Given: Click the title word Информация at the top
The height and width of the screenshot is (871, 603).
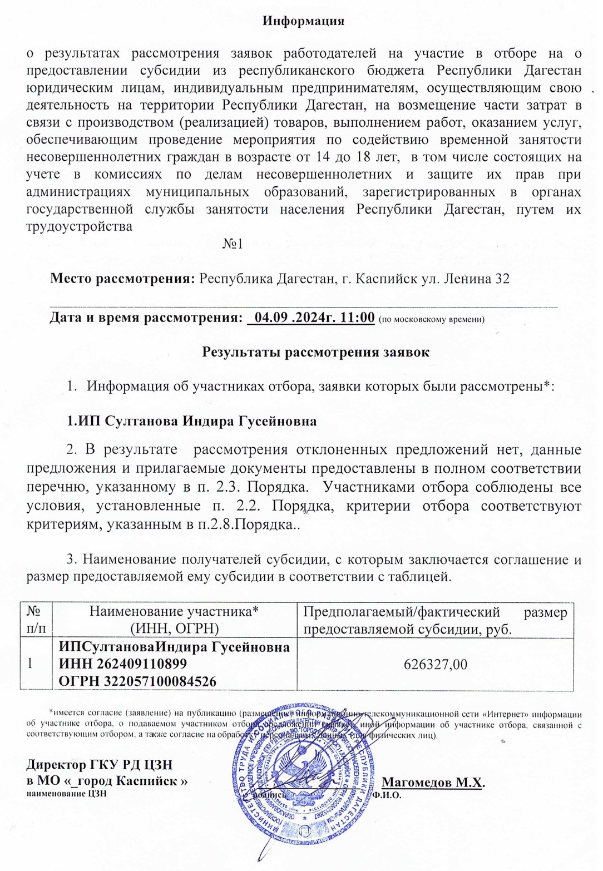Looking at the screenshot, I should coord(303,21).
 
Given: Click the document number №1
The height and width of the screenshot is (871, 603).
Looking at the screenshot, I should coord(233,244).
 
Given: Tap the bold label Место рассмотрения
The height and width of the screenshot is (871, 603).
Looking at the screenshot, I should coord(122,279).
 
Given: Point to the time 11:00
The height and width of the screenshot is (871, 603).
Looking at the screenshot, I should coord(357,318).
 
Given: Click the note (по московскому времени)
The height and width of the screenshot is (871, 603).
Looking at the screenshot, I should coord(431,319).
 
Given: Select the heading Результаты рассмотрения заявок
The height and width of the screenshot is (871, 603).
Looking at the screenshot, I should coord(315,352).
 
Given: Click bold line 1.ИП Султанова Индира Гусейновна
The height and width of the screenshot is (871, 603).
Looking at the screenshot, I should coord(192,421).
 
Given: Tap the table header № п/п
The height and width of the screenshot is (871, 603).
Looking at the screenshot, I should coord(35,620).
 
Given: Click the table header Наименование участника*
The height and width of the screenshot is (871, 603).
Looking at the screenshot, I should coord(174,612).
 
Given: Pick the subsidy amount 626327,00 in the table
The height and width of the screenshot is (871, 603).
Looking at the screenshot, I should coord(435,665).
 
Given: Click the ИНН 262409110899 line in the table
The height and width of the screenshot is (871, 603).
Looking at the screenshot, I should coord(123,664).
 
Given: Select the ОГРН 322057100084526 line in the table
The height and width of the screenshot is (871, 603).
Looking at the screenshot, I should coord(137,681).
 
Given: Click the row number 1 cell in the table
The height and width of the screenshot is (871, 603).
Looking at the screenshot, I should coord(31,664).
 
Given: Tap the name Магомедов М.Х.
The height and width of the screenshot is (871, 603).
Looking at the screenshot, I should coord(433,783).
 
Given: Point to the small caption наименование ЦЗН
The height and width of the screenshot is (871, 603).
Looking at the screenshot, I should coord(66,794).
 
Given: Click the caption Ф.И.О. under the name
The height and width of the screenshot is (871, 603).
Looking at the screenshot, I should coord(387,795).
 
